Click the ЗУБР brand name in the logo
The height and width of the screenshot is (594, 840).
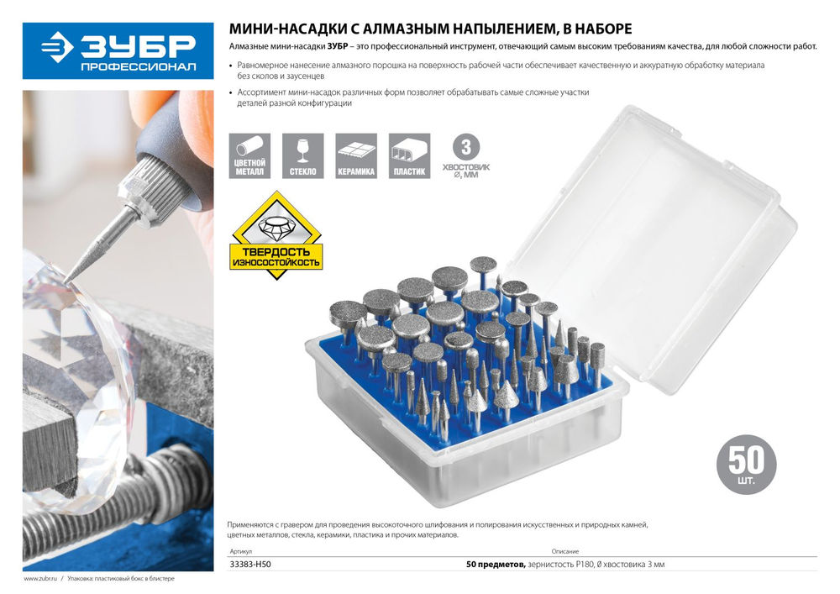tap(138, 47)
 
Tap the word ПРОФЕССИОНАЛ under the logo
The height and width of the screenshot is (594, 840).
tap(139, 67)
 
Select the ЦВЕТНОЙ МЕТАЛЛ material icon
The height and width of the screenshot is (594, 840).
tap(249, 156)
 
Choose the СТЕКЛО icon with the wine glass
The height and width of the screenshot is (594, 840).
tap(302, 156)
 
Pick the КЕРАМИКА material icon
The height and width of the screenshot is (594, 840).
tap(356, 156)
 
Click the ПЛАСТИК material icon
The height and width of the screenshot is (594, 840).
tap(409, 156)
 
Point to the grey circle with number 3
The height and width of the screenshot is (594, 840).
tap(466, 147)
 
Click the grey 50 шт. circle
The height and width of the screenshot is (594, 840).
tap(746, 465)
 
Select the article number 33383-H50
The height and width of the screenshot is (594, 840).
tap(250, 564)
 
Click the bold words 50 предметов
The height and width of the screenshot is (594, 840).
tap(496, 564)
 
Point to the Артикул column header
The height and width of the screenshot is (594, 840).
tap(240, 551)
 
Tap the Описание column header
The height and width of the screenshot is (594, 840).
tap(565, 551)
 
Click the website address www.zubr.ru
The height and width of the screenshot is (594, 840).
tap(40, 579)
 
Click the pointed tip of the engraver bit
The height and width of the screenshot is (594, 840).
tap(66, 282)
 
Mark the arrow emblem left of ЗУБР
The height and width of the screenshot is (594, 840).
tap(57, 47)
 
